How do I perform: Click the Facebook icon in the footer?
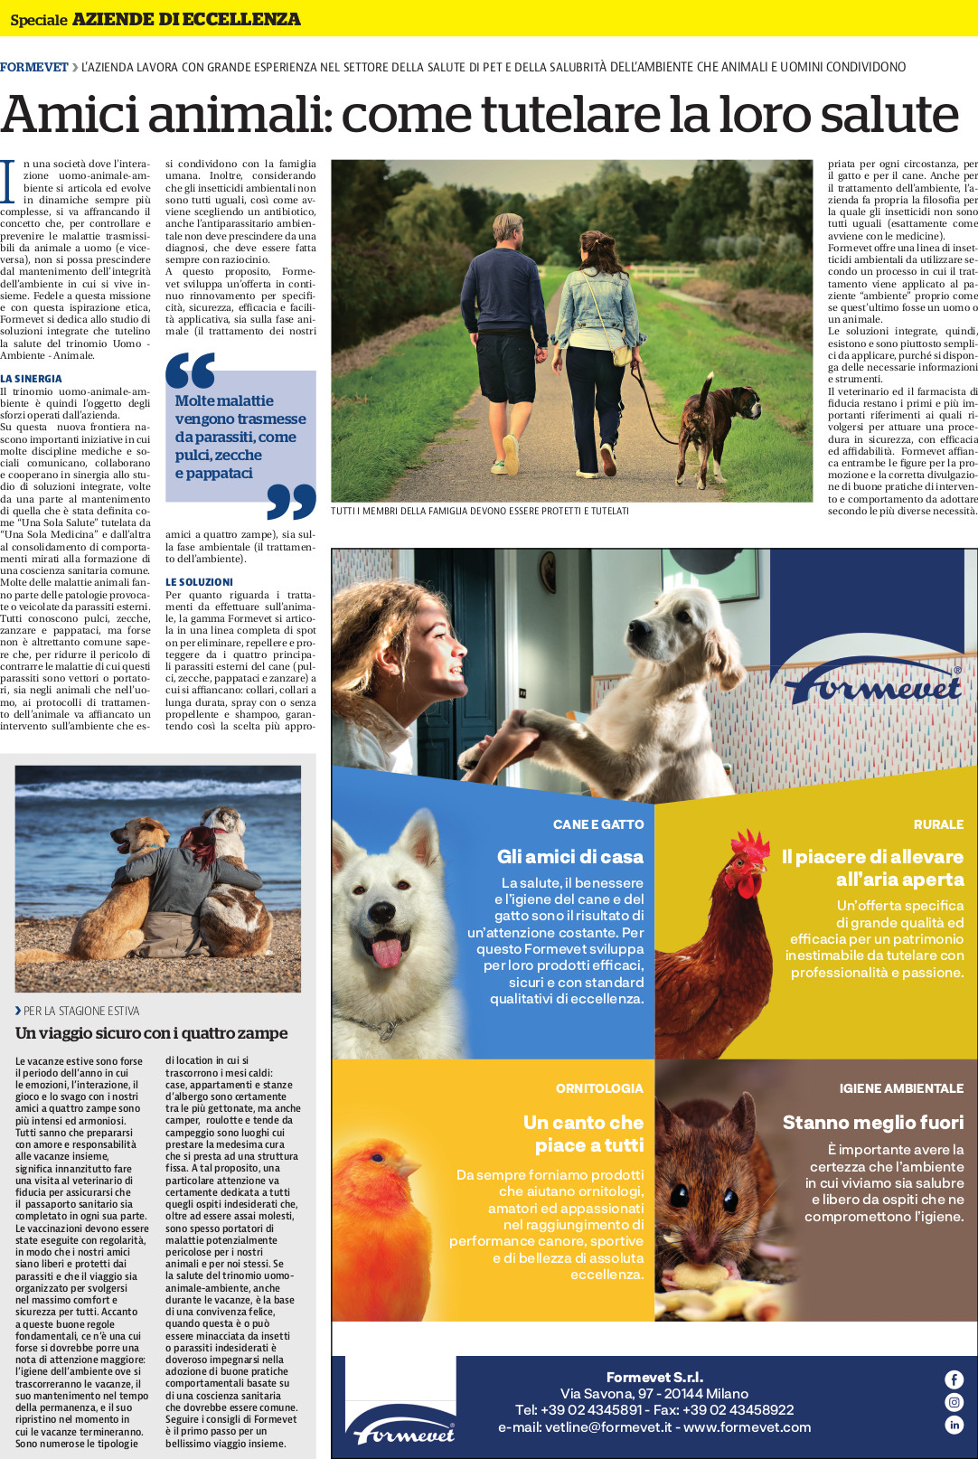click(x=954, y=1379)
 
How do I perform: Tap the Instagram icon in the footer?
click(x=954, y=1402)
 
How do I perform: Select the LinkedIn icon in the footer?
click(x=954, y=1425)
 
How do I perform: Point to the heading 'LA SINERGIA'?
click(x=32, y=379)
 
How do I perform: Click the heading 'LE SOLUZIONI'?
click(x=199, y=582)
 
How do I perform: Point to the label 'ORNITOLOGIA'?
click(x=599, y=1088)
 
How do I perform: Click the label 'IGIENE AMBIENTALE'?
click(x=901, y=1088)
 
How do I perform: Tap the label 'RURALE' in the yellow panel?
click(x=938, y=824)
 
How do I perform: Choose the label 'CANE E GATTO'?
click(x=598, y=824)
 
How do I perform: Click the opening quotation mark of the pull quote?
click(x=190, y=371)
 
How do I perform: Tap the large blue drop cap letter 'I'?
click(x=8, y=182)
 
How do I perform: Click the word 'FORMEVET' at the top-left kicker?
click(x=34, y=67)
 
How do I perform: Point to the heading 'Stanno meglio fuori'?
click(x=873, y=1123)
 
